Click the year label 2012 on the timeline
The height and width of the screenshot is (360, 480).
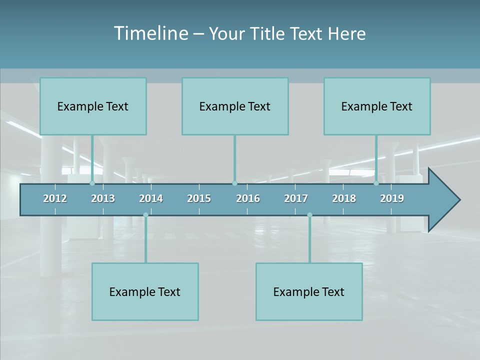(55, 198)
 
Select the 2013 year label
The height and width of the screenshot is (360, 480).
(103, 198)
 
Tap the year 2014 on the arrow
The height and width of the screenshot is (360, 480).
(151, 198)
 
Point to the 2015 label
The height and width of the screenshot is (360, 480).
(199, 198)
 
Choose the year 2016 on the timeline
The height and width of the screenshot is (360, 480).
(248, 198)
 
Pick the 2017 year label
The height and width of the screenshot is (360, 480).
(296, 198)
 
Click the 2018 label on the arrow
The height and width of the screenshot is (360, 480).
(344, 198)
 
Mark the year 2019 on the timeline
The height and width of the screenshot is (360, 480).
(392, 198)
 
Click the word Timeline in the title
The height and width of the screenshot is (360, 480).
(150, 33)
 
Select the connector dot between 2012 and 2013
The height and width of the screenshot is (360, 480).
(92, 183)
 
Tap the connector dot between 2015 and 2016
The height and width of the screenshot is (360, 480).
(234, 183)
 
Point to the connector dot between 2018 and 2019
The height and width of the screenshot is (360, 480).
(376, 183)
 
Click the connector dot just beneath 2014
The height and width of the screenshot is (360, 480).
(145, 215)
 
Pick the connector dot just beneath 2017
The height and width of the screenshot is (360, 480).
(309, 215)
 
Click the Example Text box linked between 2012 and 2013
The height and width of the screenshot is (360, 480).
(93, 106)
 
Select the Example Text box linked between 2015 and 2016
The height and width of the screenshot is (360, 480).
(235, 106)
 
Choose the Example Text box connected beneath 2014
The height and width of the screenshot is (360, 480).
(145, 291)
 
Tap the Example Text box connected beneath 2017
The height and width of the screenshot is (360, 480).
(309, 291)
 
